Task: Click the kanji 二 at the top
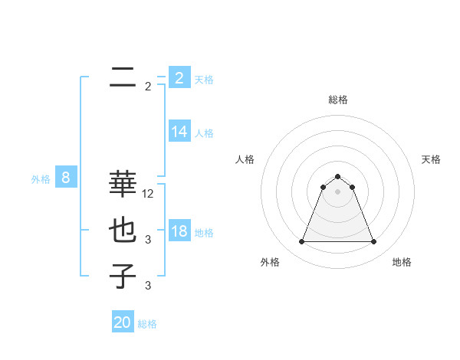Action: (123, 77)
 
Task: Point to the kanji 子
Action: (123, 276)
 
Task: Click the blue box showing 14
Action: (179, 132)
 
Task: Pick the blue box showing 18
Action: (179, 231)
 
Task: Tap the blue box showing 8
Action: (66, 178)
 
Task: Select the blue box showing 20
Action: (123, 322)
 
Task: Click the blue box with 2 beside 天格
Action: (179, 77)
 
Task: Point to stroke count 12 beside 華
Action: (148, 194)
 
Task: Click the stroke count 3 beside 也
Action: (148, 240)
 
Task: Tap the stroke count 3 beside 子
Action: (148, 286)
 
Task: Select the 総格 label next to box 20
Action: (147, 324)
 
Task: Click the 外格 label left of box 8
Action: (41, 179)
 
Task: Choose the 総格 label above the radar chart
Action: (337, 100)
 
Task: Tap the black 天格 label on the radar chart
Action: (431, 159)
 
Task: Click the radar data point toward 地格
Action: (373, 242)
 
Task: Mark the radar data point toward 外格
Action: (301, 242)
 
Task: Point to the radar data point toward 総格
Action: (337, 177)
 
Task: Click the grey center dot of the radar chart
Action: (337, 191)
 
